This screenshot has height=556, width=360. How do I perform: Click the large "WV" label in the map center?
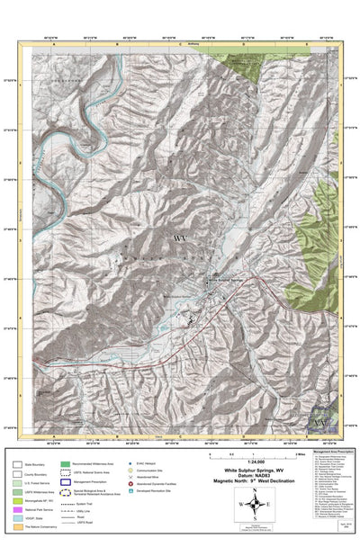click(179, 238)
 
